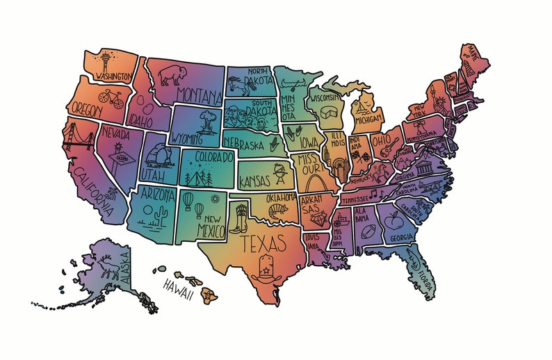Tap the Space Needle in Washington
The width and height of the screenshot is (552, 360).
coord(105,60)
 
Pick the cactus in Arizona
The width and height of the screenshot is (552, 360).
coord(161,213)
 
